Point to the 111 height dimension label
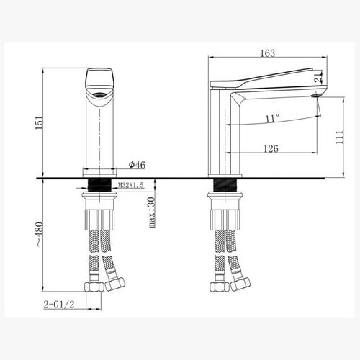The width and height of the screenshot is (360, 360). tap(338, 136)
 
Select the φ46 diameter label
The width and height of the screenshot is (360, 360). tap(137, 165)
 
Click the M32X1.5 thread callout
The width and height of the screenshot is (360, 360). tap(130, 185)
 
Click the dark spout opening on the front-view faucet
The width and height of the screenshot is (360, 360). tap(99, 94)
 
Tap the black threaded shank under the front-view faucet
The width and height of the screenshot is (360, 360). tap(99, 184)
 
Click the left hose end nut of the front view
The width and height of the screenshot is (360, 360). tap(92, 286)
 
